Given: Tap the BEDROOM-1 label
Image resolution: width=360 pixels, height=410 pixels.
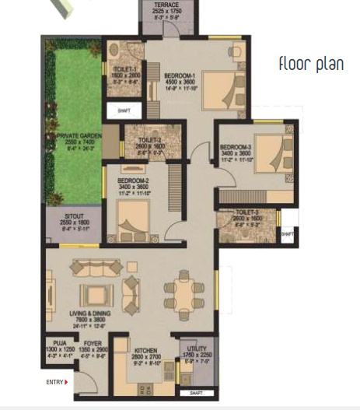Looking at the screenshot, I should click(180, 75).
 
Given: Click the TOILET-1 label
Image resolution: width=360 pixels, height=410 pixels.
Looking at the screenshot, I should click(123, 68).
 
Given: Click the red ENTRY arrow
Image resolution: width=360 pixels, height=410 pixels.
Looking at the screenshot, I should click(68, 382).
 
